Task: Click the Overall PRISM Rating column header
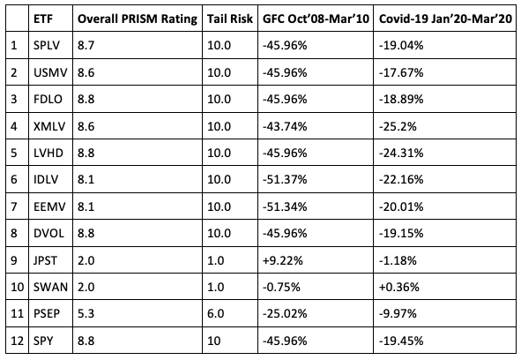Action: click(x=138, y=19)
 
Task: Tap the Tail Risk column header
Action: click(x=230, y=19)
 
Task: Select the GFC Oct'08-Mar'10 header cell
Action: click(x=316, y=19)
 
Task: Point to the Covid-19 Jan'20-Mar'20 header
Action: click(x=445, y=19)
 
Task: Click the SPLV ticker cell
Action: click(x=47, y=45)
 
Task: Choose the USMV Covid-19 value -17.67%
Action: click(x=401, y=72)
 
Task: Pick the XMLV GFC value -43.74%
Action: click(x=285, y=126)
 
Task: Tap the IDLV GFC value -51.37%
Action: click(x=285, y=180)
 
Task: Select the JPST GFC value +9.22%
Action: click(x=283, y=260)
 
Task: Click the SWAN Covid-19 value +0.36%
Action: click(x=399, y=287)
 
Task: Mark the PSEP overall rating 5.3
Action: click(x=86, y=313)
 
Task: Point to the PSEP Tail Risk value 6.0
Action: click(x=216, y=313)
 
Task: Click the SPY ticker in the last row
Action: click(x=43, y=341)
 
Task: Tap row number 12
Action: click(x=18, y=341)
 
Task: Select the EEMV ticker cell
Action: click(x=49, y=206)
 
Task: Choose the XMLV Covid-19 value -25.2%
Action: click(x=398, y=126)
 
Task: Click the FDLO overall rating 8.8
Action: click(x=86, y=99)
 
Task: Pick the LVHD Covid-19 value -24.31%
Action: click(x=401, y=153)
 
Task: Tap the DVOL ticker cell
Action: click(x=48, y=233)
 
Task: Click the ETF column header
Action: click(x=43, y=19)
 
